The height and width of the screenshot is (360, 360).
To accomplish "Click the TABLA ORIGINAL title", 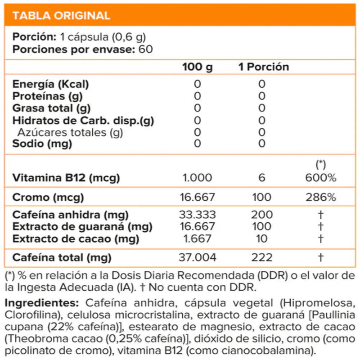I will tap(61, 16).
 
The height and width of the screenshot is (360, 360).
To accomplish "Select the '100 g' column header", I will tap(198, 67).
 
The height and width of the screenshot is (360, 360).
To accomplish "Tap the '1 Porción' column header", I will tap(264, 67).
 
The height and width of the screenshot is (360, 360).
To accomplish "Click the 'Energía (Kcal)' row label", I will tap(51, 84).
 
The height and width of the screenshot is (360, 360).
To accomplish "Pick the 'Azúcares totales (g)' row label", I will tap(70, 132).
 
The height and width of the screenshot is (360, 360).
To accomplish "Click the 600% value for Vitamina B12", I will tap(321, 178).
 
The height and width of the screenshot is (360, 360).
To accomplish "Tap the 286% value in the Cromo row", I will tap(321, 198).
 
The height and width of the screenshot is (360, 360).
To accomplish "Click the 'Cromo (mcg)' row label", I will tap(48, 198).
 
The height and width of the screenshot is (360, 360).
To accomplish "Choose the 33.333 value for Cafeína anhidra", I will tap(198, 215).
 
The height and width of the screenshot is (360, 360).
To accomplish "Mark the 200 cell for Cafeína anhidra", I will tap(262, 215).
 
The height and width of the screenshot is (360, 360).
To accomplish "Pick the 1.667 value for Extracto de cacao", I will tap(198, 239).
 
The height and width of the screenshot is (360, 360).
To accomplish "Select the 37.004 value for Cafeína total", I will tap(198, 258).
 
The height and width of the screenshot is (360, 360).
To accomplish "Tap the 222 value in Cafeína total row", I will tap(262, 258).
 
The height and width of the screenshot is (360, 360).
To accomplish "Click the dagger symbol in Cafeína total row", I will tap(321, 258).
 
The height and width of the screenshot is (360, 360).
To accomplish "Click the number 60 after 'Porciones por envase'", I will tap(146, 49).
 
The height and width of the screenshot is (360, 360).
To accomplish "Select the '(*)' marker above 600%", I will tap(321, 164).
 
